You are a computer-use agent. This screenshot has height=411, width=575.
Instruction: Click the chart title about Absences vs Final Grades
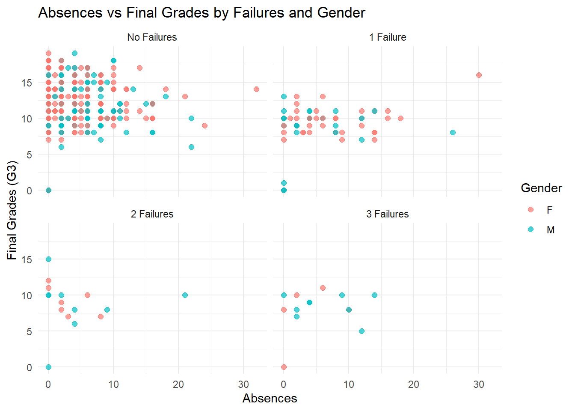tap(202, 13)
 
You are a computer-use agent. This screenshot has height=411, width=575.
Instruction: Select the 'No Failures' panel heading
tap(152, 37)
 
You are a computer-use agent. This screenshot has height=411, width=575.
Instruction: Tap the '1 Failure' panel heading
tap(388, 37)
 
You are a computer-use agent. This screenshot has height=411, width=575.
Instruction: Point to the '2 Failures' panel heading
tap(152, 214)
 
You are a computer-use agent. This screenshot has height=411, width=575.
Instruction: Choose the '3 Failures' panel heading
tap(388, 214)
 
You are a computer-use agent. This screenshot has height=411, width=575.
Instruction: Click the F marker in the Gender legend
tap(531, 209)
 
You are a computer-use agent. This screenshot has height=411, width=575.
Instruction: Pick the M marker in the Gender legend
tap(531, 229)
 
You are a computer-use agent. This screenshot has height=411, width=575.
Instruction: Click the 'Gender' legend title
tap(541, 188)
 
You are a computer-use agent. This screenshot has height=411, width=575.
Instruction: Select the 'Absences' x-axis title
tap(270, 399)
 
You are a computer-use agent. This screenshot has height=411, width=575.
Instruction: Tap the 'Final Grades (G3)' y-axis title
tap(12, 210)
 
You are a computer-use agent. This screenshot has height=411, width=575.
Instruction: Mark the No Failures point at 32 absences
tap(256, 89)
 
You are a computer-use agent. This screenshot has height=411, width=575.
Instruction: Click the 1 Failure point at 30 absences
tap(479, 75)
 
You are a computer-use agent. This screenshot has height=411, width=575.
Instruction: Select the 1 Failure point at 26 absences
tap(453, 132)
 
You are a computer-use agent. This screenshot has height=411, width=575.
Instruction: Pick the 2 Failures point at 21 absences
tap(185, 295)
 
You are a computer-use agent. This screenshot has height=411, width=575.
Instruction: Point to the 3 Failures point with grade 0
tap(284, 367)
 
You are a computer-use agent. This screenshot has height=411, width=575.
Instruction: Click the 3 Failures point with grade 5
tap(362, 331)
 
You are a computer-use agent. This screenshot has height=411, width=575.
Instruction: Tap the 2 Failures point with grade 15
tap(48, 259)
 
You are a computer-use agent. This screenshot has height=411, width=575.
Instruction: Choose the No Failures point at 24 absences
tap(205, 125)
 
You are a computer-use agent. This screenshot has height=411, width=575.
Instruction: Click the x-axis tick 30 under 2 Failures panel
tap(243, 384)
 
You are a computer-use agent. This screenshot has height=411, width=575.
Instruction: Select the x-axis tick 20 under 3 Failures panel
tap(414, 384)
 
